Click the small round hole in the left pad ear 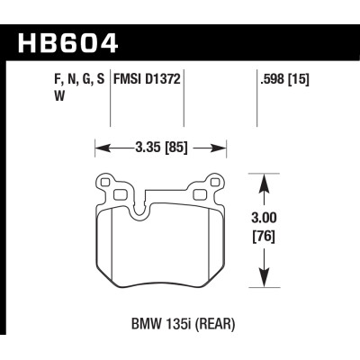(x=104, y=183)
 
